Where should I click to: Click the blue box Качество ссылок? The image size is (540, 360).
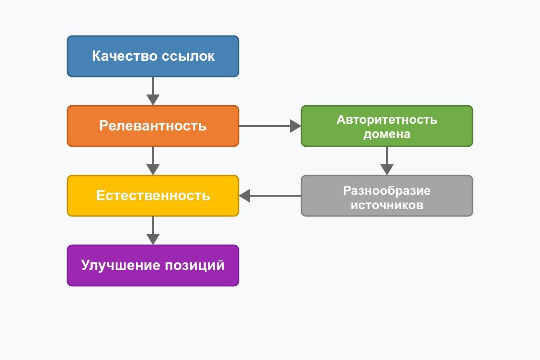(x=153, y=56)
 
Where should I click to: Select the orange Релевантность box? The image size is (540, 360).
(x=153, y=126)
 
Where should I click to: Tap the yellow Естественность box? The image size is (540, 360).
(x=153, y=196)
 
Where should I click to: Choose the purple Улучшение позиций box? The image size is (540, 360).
(x=153, y=265)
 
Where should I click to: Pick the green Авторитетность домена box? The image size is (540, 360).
(x=387, y=126)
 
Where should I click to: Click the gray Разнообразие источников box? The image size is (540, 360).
(x=387, y=196)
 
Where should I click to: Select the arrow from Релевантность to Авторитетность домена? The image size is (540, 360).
(x=270, y=126)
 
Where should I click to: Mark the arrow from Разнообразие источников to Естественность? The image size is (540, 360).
(x=270, y=196)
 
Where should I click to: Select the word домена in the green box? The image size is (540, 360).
(x=387, y=134)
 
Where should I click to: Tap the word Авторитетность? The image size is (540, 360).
(x=387, y=120)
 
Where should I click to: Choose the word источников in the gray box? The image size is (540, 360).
(x=387, y=205)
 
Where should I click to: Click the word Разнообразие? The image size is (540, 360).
(x=387, y=190)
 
